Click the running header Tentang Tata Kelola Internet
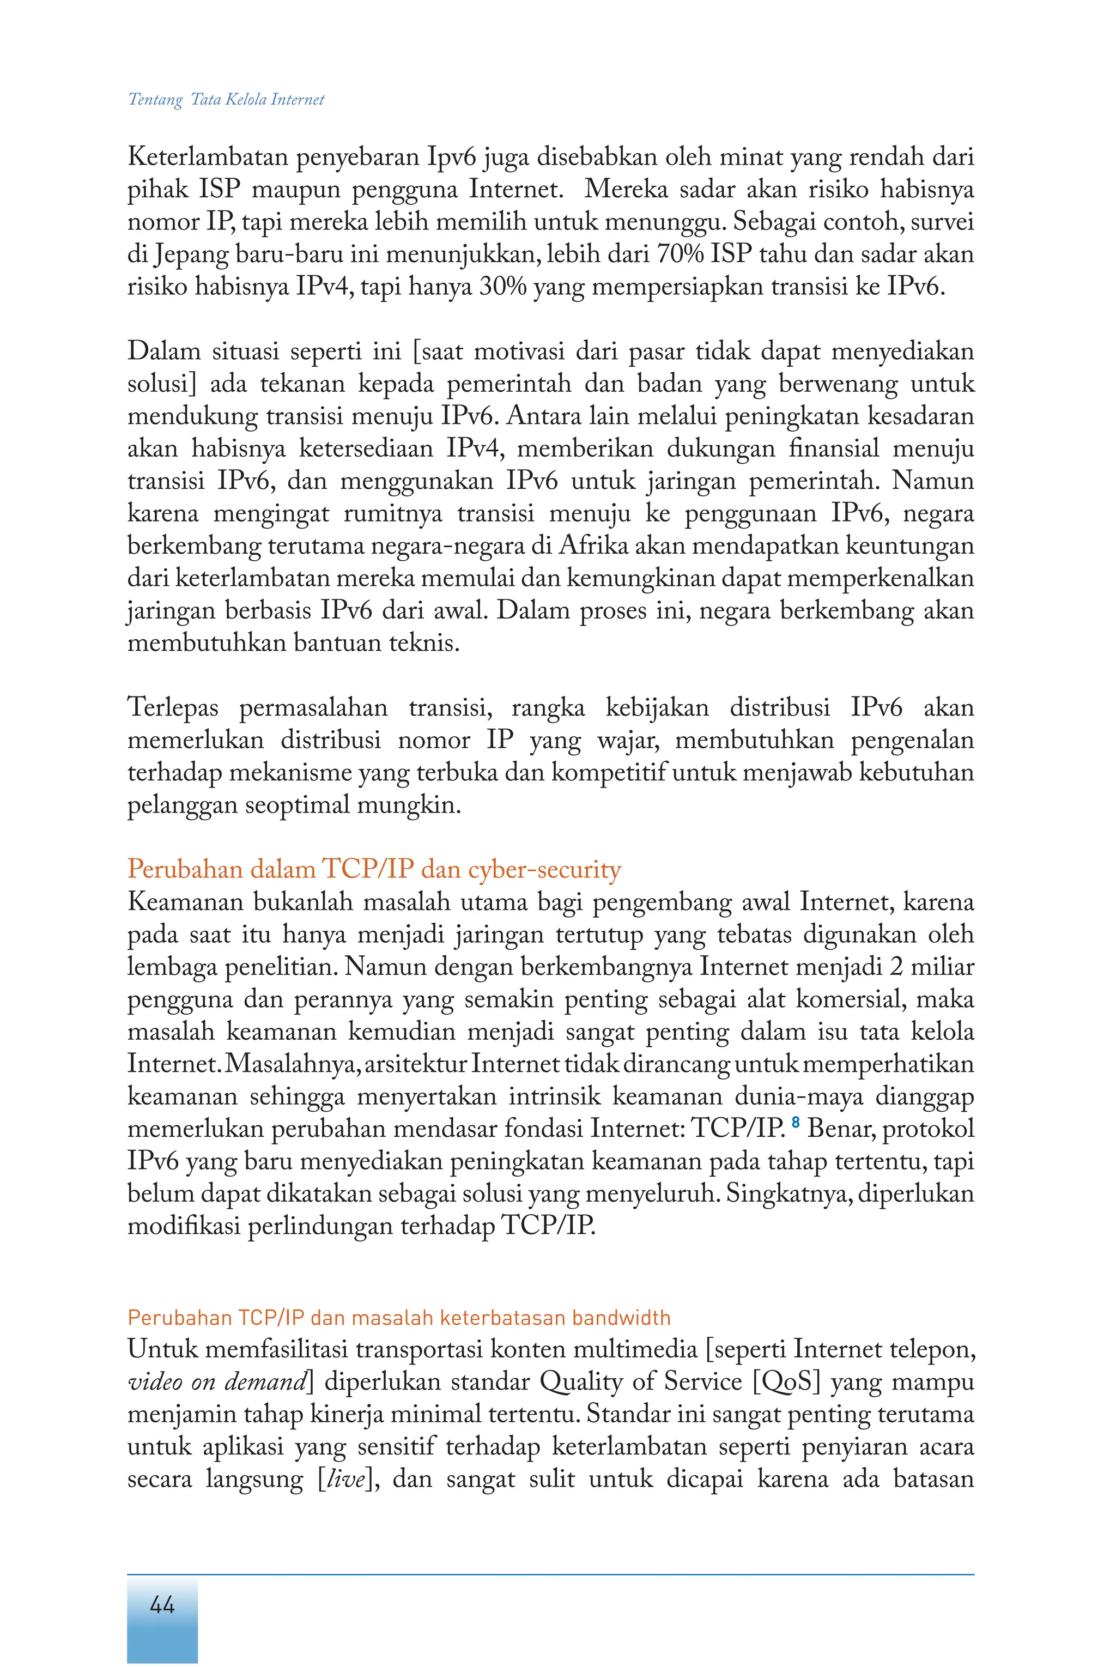click(226, 100)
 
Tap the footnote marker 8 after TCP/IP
click(795, 1123)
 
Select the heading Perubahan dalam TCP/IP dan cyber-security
click(374, 869)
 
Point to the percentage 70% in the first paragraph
click(682, 254)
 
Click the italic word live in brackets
click(344, 1479)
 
